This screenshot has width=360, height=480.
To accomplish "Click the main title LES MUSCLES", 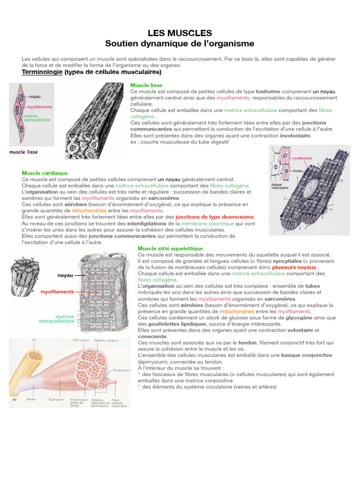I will click(180, 33).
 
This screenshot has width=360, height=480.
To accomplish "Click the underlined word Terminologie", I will click(42, 72).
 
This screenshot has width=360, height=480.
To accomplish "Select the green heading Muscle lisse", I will click(146, 85).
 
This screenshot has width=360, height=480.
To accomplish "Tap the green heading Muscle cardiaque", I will click(45, 173).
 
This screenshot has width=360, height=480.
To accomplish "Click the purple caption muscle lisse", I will click(23, 152).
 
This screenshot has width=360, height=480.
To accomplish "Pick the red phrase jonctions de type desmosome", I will click(215, 217).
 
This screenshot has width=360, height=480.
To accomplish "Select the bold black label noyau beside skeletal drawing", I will click(65, 276).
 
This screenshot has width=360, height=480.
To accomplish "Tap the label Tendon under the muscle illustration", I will click(31, 400).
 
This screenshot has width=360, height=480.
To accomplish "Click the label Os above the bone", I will click(34, 340).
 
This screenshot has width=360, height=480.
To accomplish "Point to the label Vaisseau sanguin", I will click(105, 340).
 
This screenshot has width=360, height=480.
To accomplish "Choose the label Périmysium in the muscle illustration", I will click(82, 340).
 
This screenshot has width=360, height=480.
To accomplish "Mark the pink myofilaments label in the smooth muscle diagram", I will click(40, 107).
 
